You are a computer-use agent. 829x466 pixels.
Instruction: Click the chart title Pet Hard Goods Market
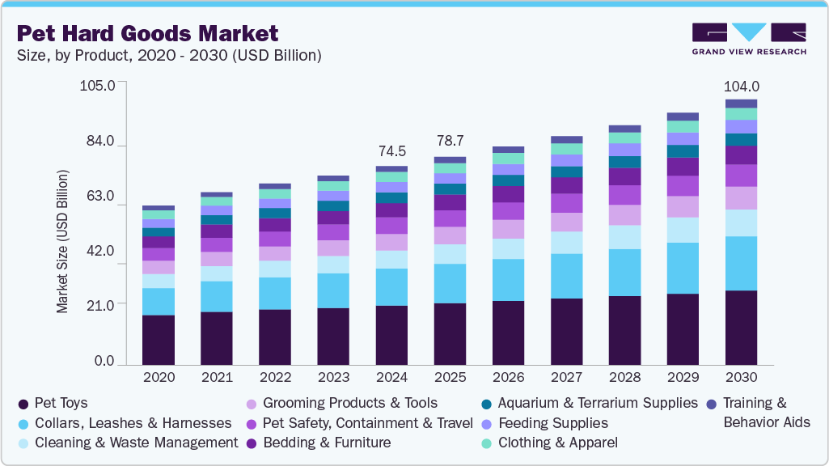coord(147,33)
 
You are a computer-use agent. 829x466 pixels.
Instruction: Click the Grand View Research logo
coord(748,39)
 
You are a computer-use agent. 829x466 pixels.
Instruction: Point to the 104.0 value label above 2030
coord(741,87)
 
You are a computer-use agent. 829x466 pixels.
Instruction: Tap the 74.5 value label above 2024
coord(391,151)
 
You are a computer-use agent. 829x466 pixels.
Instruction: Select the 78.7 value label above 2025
coord(450,141)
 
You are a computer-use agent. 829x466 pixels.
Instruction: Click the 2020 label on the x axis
coord(159,377)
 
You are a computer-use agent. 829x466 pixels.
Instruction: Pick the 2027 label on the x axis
coord(566,377)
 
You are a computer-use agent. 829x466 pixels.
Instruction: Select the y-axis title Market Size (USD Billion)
coord(62,241)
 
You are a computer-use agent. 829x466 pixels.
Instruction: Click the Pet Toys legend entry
coord(53,403)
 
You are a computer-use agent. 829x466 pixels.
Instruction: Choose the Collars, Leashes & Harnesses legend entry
coord(125,423)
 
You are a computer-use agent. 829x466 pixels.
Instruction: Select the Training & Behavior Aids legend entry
coord(756,412)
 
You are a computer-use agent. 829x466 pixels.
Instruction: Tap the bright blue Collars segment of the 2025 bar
coord(450,283)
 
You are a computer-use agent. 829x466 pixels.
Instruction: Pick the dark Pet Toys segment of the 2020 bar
coord(159,340)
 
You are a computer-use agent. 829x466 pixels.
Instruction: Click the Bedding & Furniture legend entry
coord(326,443)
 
